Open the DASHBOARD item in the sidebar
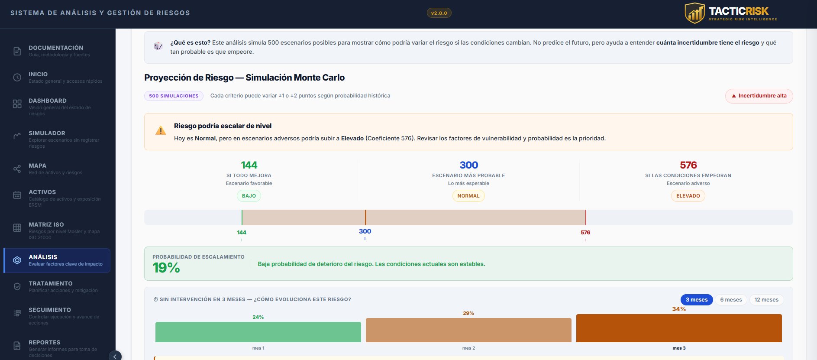click(48, 101)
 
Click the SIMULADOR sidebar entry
click(47, 133)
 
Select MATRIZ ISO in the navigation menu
click(46, 225)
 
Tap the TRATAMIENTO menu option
click(50, 284)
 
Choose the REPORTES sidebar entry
click(44, 343)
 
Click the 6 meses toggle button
click(731, 300)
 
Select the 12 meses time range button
click(766, 300)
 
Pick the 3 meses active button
click(696, 300)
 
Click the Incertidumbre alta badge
click(759, 96)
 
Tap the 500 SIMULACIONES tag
click(174, 96)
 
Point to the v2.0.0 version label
click(439, 13)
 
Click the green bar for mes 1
click(258, 332)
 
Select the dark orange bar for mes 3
click(679, 328)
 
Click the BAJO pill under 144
click(249, 196)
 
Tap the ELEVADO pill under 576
click(688, 196)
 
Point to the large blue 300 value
click(468, 165)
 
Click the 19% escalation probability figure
click(166, 268)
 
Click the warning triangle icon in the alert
click(161, 130)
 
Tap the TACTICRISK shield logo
click(694, 13)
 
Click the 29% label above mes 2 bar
click(468, 313)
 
